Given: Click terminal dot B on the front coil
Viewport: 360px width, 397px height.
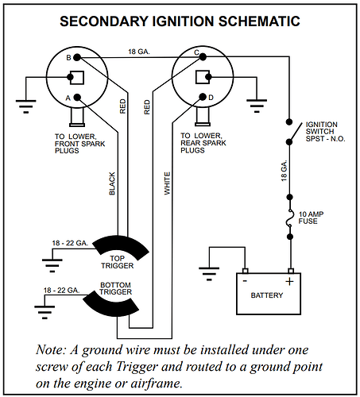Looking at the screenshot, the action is point(77,57).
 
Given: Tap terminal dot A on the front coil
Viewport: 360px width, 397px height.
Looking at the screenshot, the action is point(77,98).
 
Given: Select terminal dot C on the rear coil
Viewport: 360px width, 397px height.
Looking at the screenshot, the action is point(203,56).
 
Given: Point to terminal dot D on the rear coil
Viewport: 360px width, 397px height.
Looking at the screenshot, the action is point(203,97).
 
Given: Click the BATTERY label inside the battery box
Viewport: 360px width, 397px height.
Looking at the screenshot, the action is point(267,295).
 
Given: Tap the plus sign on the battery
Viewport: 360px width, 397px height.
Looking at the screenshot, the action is point(290,281).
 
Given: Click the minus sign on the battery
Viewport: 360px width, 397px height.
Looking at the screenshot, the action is point(245,281).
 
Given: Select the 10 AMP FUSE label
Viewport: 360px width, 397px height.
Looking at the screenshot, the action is point(311,218).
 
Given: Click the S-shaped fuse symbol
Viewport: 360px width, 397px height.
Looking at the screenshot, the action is point(290,218).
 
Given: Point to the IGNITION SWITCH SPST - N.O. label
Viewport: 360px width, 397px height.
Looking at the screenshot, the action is point(325,132).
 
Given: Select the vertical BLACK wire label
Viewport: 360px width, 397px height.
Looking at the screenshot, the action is point(112,183).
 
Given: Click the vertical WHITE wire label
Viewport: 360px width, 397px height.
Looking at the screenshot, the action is point(167,183).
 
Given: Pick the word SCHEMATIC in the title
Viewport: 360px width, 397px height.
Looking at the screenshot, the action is point(259,21).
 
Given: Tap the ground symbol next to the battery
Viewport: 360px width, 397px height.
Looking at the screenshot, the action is point(209,274).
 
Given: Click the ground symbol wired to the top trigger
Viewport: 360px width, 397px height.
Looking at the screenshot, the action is point(52,265).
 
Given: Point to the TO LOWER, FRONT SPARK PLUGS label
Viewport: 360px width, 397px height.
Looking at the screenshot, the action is point(79,144).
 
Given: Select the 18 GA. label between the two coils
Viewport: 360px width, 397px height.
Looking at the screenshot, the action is point(139,52).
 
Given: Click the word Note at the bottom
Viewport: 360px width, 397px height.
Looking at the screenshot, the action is point(51,349).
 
